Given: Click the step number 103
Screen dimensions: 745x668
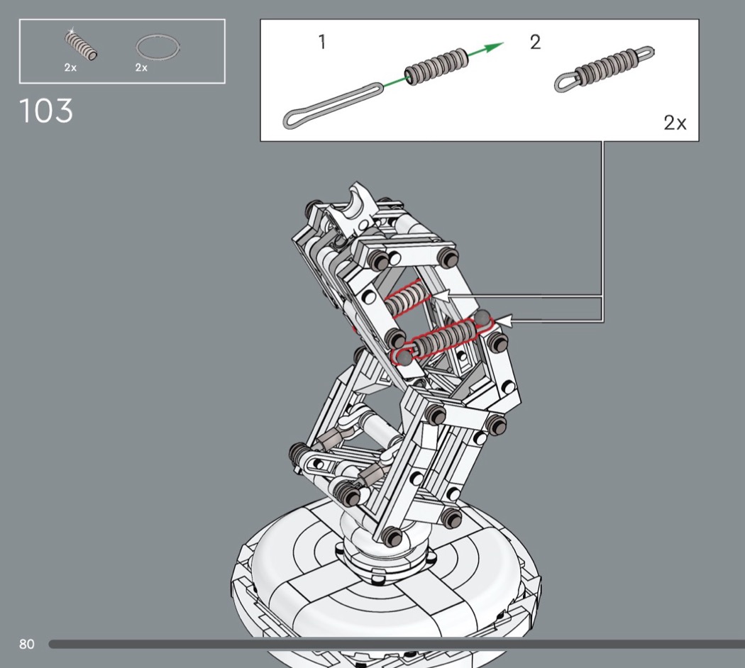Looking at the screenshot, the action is click(46, 111).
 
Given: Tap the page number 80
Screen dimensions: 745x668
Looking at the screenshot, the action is click(27, 644).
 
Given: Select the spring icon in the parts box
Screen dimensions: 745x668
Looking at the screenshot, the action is click(81, 45).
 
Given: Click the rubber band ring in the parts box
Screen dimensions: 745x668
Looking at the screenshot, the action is click(158, 47).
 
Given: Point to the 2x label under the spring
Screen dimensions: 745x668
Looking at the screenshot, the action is click(70, 67).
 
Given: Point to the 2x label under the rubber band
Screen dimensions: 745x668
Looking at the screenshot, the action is click(141, 67).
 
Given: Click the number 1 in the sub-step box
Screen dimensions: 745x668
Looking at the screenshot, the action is click(322, 42).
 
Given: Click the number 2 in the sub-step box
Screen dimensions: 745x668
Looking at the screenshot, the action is click(535, 43).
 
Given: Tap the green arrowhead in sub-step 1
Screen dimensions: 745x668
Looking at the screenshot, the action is click(494, 47).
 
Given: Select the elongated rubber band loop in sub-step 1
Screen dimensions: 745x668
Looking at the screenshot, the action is click(333, 105).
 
